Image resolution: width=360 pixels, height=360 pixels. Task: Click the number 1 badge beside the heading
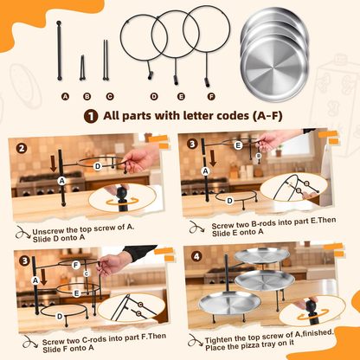click(x=91, y=117)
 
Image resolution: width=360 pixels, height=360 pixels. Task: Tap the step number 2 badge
click(x=22, y=149)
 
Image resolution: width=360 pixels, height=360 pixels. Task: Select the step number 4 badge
click(x=196, y=256)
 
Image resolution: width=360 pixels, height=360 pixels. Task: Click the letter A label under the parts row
click(x=65, y=97)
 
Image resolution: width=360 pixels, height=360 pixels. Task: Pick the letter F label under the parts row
click(x=211, y=97)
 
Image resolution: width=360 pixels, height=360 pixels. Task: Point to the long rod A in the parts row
click(x=59, y=50)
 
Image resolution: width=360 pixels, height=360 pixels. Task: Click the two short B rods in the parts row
click(x=82, y=67)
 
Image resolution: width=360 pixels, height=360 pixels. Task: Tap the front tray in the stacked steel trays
click(x=274, y=68)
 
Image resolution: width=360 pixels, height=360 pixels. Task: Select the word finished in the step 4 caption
click(x=318, y=333)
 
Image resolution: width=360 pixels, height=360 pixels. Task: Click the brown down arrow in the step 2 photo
click(x=54, y=164)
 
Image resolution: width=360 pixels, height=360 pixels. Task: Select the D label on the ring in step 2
click(x=98, y=166)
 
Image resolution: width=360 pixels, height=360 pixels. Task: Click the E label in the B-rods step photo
click(x=238, y=145)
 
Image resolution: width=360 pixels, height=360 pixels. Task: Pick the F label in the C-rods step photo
click(x=76, y=265)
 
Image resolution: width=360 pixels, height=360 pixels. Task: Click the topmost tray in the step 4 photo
click(x=261, y=255)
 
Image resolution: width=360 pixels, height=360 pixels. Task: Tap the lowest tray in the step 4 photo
click(x=229, y=303)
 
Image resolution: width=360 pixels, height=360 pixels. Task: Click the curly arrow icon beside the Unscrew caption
click(x=22, y=233)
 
